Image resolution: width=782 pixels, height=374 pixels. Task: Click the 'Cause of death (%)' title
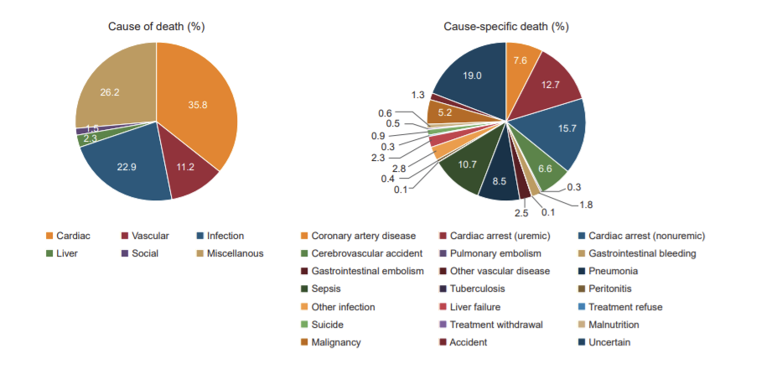(x=157, y=26)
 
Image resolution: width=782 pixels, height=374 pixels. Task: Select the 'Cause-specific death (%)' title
(x=505, y=26)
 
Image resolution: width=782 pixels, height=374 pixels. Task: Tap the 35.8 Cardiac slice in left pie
(x=197, y=105)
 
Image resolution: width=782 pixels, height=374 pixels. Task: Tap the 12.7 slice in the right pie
(x=549, y=84)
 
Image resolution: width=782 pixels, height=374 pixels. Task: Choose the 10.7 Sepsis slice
(x=467, y=164)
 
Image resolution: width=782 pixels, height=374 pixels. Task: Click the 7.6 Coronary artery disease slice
(x=520, y=61)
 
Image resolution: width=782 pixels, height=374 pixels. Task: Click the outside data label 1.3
(x=417, y=95)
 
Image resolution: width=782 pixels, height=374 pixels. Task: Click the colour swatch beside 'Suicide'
(x=304, y=325)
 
